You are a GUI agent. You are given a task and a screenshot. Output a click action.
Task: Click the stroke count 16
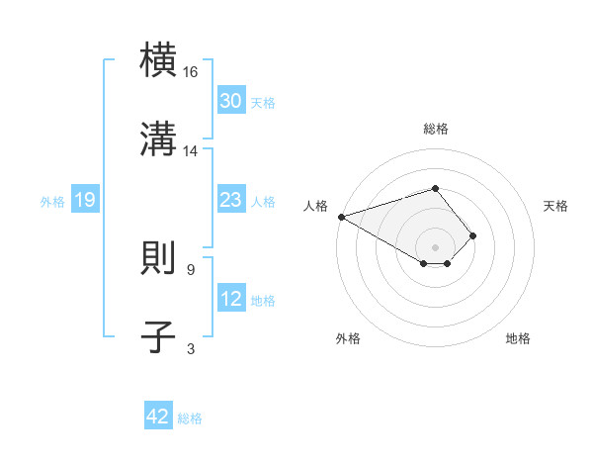click(191, 73)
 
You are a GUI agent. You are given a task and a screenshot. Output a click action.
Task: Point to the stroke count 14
click(191, 151)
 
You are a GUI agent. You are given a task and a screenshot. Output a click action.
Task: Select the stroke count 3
click(191, 348)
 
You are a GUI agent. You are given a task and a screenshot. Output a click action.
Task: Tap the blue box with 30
click(231, 101)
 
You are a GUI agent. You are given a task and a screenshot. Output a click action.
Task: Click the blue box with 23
click(231, 200)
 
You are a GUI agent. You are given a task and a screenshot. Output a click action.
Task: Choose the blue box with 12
click(231, 299)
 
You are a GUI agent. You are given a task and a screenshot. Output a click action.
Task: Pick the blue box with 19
click(85, 201)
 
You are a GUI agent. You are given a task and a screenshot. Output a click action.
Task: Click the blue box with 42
click(158, 417)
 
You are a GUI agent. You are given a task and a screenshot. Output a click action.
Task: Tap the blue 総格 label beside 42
click(190, 418)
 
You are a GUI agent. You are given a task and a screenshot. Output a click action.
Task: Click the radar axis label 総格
click(436, 129)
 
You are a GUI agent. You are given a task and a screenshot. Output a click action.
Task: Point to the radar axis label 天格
click(555, 206)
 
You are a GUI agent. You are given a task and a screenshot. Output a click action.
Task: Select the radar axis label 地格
click(518, 338)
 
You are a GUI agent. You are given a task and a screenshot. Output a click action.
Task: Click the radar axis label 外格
click(348, 338)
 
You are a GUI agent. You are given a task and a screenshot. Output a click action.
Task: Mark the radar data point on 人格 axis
click(340, 217)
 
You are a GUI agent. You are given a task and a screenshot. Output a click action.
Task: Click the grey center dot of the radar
click(435, 246)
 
